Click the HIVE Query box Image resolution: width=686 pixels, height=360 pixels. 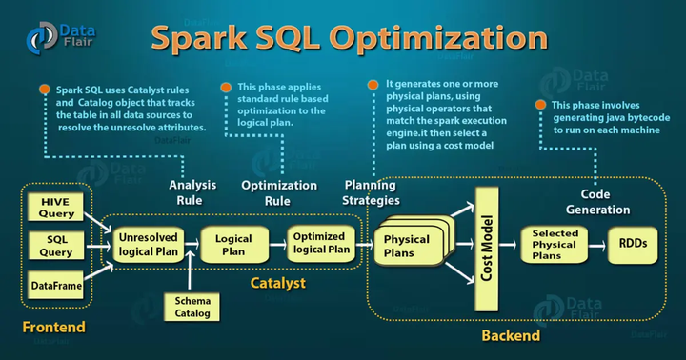pos(55,208)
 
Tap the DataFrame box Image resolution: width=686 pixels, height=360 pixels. pos(55,284)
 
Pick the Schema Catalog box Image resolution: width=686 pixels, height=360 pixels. pos(192,305)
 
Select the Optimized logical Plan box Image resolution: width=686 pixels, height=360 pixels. pos(320,244)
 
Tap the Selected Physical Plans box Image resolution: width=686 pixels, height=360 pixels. pos(555,244)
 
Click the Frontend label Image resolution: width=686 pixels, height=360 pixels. pos(54,329)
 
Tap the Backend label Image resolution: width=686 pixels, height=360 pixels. pos(511,335)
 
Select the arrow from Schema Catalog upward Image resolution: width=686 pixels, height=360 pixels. pos(192,274)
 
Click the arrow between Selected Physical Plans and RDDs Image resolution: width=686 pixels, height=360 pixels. pos(596,245)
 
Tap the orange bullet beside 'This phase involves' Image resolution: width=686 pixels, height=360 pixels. pos(540,103)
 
